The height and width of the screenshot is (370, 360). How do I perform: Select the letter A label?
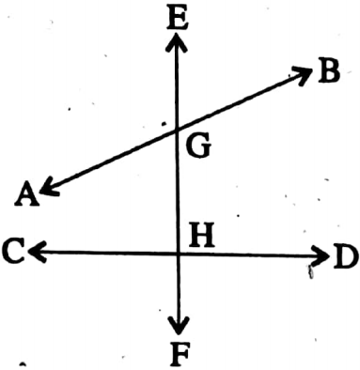25,194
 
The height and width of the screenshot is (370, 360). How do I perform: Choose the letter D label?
344,255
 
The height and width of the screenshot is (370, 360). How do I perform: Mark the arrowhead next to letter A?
45,192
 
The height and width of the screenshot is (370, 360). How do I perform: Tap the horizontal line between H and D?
249,253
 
